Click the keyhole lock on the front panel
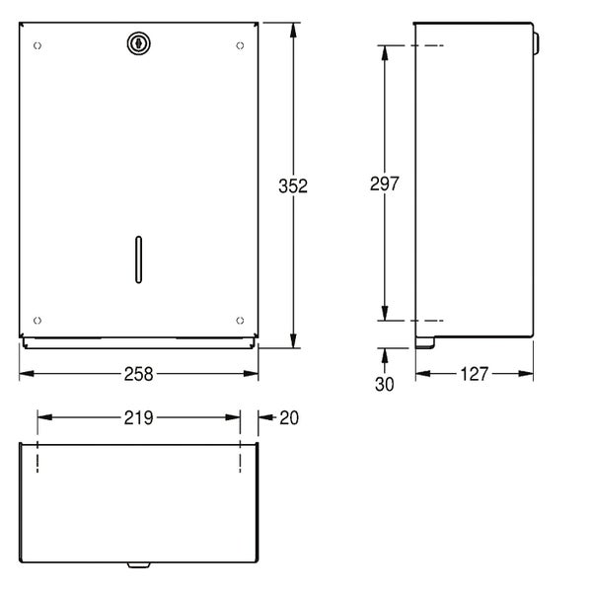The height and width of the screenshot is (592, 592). pyautogui.click(x=138, y=43)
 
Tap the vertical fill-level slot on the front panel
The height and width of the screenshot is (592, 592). pyautogui.click(x=138, y=259)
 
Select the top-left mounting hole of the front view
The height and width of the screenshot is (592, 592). pyautogui.click(x=37, y=45)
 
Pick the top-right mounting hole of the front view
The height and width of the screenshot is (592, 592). pyautogui.click(x=240, y=45)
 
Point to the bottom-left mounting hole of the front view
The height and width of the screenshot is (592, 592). pyautogui.click(x=37, y=321)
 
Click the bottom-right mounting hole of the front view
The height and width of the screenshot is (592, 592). pyautogui.click(x=240, y=321)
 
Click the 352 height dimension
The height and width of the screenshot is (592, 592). pyautogui.click(x=293, y=185)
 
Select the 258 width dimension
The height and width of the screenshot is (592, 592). pyautogui.click(x=138, y=374)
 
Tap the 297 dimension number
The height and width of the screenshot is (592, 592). pyautogui.click(x=385, y=184)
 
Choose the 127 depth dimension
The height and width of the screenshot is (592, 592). pyautogui.click(x=475, y=374)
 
